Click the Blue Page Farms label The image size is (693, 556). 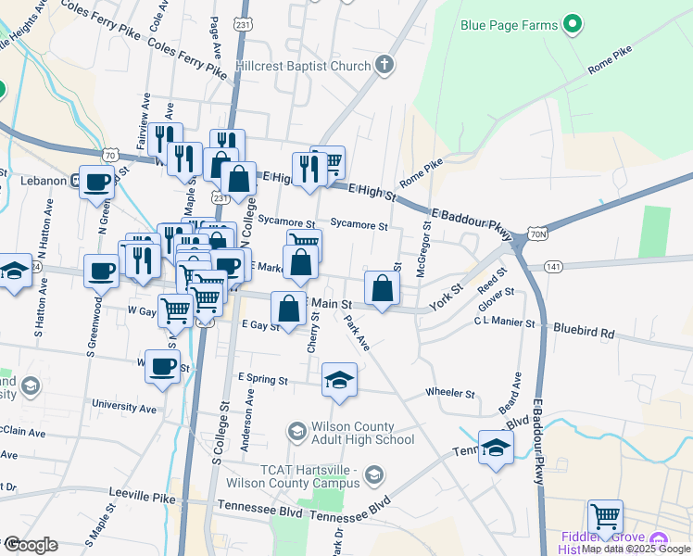click(x=509, y=25)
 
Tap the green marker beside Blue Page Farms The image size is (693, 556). click(x=573, y=24)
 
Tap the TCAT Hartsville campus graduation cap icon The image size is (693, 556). click(x=373, y=476)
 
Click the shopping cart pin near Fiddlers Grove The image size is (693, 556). click(x=605, y=515)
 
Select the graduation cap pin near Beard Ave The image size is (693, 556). click(x=496, y=449)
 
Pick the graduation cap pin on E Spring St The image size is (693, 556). click(x=339, y=380)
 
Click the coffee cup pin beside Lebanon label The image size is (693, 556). click(x=96, y=182)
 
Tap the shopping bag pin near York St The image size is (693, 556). click(x=383, y=289)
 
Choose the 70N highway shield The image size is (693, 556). click(x=537, y=235)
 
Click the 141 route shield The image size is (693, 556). click(x=554, y=267)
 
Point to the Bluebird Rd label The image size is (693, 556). click(x=584, y=330)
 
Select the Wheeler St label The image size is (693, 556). click(x=450, y=393)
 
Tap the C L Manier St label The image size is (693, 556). click(x=504, y=322)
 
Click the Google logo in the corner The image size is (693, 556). click(x=30, y=545)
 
